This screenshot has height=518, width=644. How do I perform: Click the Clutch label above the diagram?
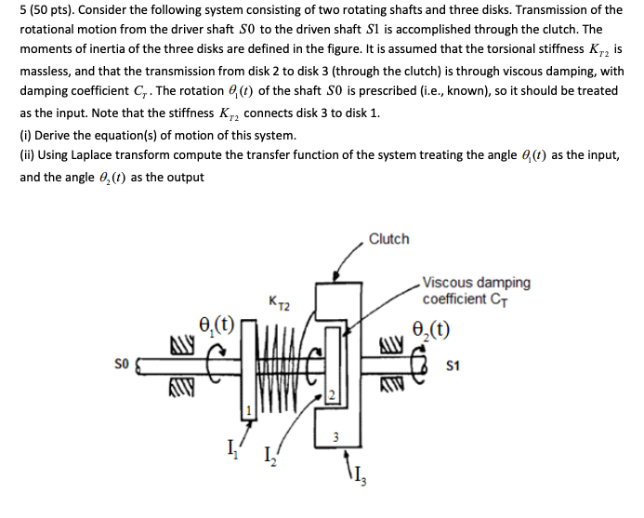[x=388, y=239]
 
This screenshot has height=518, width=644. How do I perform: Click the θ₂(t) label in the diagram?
[x=434, y=327]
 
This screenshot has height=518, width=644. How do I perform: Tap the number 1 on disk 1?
[x=248, y=409]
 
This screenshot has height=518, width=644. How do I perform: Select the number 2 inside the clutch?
[x=329, y=397]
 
